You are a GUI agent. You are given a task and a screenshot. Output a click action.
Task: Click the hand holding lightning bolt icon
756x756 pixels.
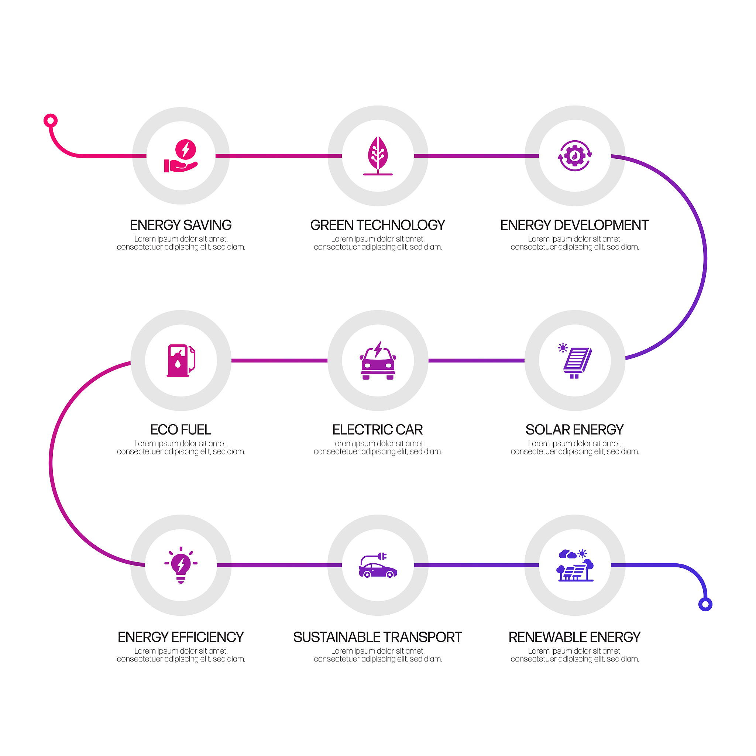point(181,156)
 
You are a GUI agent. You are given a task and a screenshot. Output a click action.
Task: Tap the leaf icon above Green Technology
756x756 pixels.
point(378,156)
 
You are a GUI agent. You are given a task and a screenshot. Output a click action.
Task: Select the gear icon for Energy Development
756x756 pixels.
point(574,156)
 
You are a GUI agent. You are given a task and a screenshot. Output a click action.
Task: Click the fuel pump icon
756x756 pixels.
point(181,360)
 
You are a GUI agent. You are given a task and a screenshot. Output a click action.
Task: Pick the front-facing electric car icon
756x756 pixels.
point(378,360)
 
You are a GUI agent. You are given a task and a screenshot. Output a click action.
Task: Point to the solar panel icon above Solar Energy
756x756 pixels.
point(574,360)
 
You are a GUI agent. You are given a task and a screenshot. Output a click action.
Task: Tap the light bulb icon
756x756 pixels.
point(181,565)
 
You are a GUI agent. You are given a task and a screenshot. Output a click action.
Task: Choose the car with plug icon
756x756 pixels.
point(378,565)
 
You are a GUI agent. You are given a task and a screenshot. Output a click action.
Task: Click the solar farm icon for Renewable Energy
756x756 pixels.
point(574,565)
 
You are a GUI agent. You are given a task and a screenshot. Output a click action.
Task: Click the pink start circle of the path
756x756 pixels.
point(51,120)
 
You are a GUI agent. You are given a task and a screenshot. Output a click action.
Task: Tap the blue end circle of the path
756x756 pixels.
point(705,605)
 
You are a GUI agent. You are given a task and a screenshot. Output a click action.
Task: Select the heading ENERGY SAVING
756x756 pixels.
point(181,225)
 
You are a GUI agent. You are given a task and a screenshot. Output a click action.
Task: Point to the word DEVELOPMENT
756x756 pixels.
point(601,225)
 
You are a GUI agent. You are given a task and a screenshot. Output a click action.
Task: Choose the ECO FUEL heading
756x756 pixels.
point(181,430)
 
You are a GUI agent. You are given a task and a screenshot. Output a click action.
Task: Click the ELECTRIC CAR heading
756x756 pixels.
point(378,430)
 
